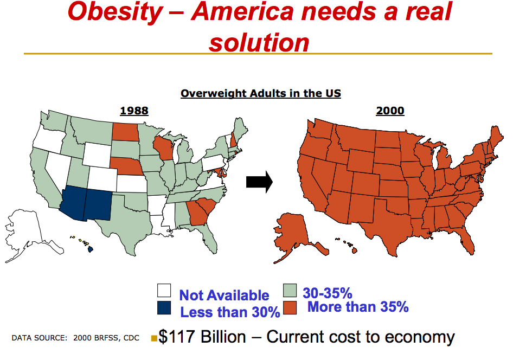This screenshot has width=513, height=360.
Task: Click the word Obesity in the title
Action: click(115, 12)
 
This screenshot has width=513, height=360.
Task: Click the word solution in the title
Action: click(259, 42)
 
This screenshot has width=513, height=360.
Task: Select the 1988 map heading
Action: click(134, 111)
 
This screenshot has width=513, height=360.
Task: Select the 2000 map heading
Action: click(390, 111)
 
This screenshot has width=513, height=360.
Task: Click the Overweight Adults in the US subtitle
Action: click(261, 93)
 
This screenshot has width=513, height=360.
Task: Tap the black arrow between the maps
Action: click(259, 182)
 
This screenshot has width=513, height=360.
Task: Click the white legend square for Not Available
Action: click(164, 291)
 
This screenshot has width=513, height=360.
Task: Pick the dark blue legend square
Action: click(164, 308)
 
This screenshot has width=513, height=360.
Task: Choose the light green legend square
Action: click(290, 291)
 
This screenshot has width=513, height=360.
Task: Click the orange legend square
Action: click(290, 308)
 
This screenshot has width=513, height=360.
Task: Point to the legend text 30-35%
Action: click(327, 293)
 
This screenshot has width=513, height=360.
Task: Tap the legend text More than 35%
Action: click(358, 307)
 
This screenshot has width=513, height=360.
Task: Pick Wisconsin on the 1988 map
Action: click(163, 148)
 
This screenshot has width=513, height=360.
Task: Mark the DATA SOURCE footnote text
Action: click(75, 338)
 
